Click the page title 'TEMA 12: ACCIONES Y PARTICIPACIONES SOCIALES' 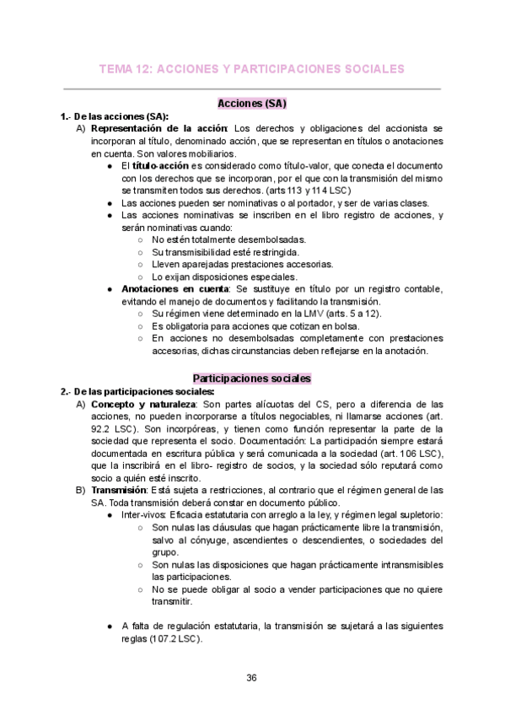click(x=252, y=68)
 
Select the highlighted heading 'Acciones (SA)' click(x=252, y=104)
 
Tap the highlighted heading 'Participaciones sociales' click(x=252, y=379)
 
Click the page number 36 click(x=252, y=678)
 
